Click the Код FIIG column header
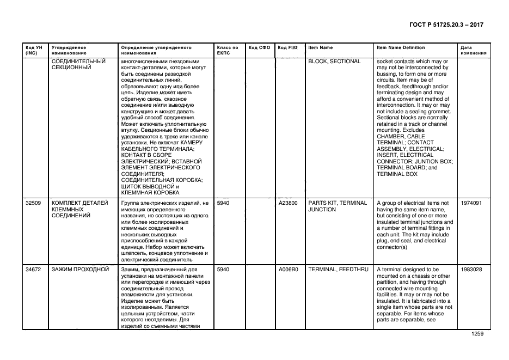point(286,47)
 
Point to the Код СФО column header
point(259,47)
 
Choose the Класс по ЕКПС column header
point(228,50)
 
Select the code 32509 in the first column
point(33,203)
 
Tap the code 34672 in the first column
point(33,269)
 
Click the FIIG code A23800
point(288,203)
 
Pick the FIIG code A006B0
point(288,269)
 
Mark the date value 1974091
point(471,203)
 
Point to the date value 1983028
point(471,269)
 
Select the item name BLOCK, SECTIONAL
point(334,62)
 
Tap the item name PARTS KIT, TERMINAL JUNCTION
point(338,206)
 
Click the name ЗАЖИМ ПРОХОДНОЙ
point(80,269)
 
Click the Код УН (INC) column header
point(33,50)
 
